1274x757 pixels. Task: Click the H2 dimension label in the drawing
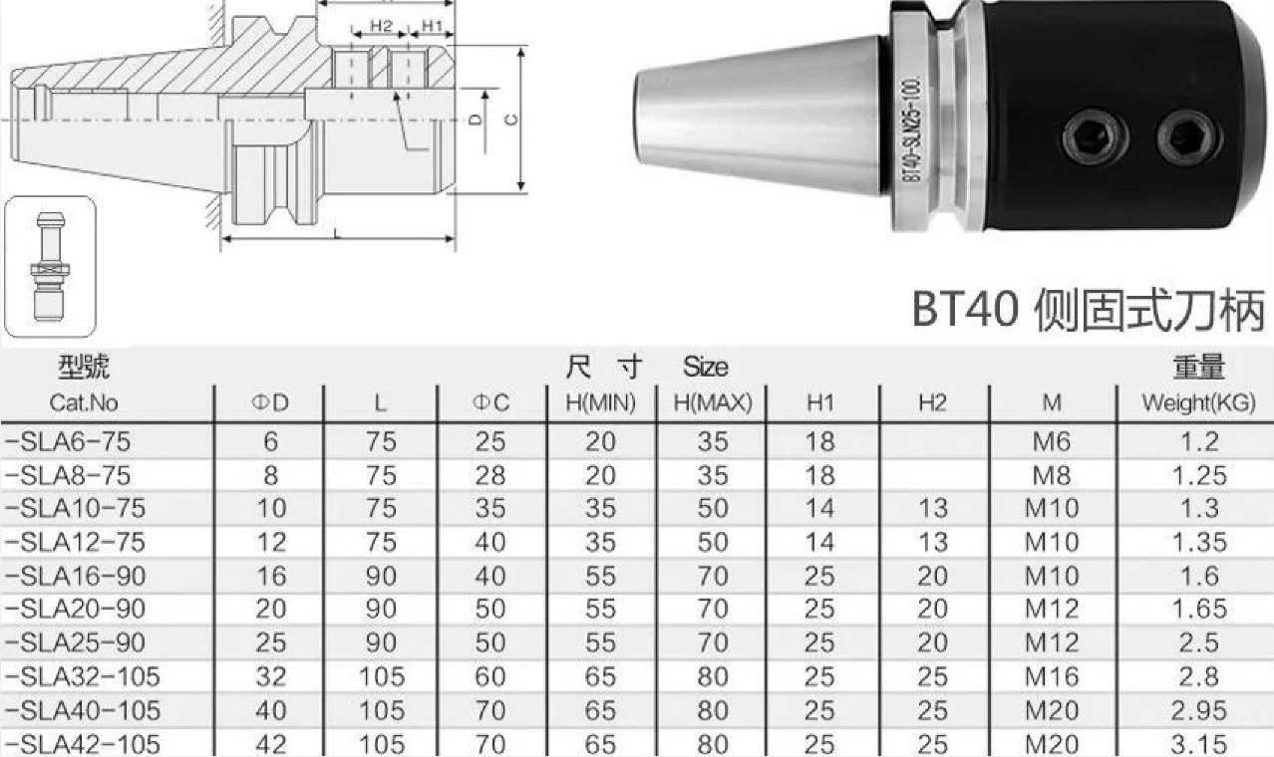[381, 26]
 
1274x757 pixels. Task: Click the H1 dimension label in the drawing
[433, 26]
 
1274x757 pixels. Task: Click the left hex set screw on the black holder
[1096, 137]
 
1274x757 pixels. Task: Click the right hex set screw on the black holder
[1188, 137]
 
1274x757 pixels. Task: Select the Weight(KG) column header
[1198, 403]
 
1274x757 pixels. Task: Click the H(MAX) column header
[713, 403]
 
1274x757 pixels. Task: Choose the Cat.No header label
[84, 403]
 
